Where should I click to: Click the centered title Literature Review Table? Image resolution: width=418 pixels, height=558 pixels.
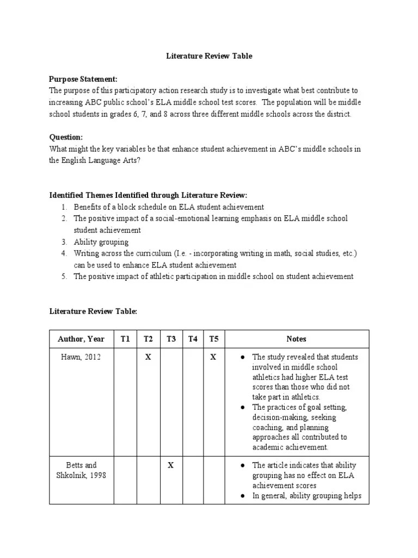pyautogui.click(x=209, y=56)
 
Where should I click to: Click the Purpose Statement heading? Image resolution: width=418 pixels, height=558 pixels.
pyautogui.click(x=83, y=79)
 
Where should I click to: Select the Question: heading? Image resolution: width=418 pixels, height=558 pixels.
pyautogui.click(x=66, y=137)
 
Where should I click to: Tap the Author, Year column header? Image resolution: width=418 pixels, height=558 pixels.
pyautogui.click(x=81, y=339)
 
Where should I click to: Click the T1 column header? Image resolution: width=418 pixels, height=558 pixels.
pyautogui.click(x=125, y=339)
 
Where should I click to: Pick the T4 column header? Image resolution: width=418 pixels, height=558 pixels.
pyautogui.click(x=193, y=339)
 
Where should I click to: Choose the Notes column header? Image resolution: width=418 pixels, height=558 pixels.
pyautogui.click(x=296, y=339)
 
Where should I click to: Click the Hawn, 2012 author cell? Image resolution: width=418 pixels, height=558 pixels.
pyautogui.click(x=81, y=357)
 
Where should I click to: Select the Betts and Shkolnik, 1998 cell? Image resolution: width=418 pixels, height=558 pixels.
pyautogui.click(x=81, y=470)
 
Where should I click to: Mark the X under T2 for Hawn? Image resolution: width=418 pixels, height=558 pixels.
pyautogui.click(x=147, y=357)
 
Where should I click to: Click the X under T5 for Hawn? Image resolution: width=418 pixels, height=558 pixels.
pyautogui.click(x=213, y=357)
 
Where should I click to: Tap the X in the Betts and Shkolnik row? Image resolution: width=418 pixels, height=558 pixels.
pyautogui.click(x=170, y=465)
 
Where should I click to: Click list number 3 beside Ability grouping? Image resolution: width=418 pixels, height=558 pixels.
pyautogui.click(x=64, y=242)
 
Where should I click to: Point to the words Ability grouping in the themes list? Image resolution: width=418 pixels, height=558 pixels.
pyautogui.click(x=101, y=242)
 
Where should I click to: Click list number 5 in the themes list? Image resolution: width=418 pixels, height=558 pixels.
pyautogui.click(x=64, y=276)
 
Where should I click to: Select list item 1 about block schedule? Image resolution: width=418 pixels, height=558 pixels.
pyautogui.click(x=169, y=207)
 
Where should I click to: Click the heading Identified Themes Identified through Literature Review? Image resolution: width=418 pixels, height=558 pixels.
pyautogui.click(x=148, y=195)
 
